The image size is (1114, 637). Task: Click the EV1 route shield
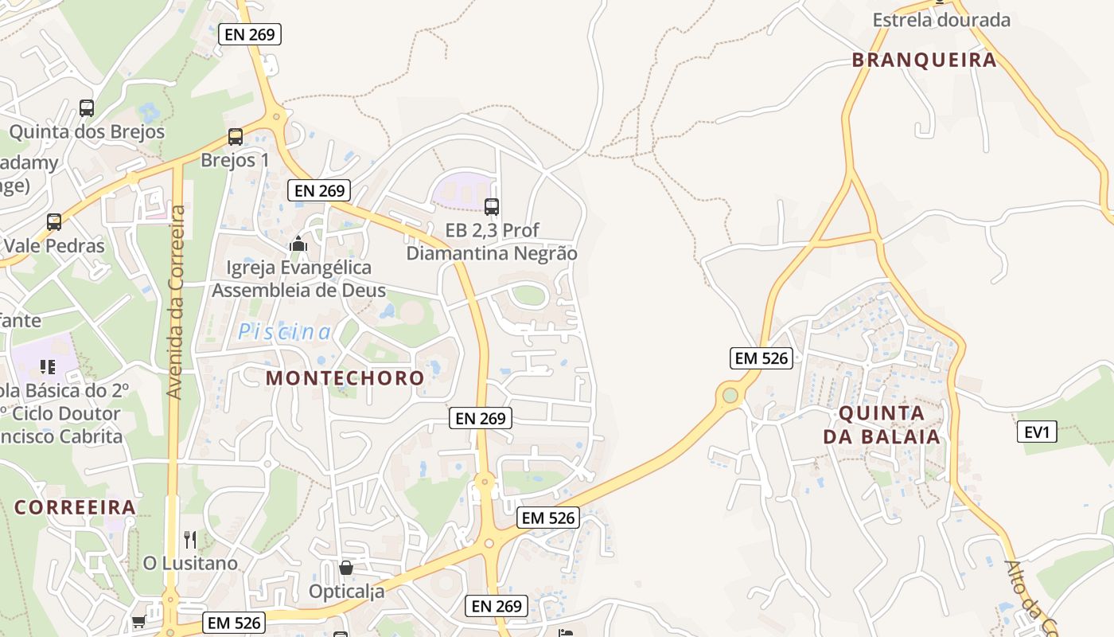click(1037, 432)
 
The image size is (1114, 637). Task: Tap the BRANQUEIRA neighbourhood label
click(924, 60)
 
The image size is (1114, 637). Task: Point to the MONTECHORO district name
click(345, 377)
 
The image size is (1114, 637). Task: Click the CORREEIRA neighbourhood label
click(75, 507)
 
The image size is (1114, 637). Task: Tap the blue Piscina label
click(284, 332)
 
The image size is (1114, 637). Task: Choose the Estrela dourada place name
click(941, 20)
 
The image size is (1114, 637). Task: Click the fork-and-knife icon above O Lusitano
click(190, 540)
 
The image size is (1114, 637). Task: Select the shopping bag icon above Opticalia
click(345, 568)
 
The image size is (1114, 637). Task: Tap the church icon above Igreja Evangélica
click(298, 244)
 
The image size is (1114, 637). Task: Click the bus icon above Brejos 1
click(235, 136)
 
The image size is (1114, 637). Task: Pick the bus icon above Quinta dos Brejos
click(86, 107)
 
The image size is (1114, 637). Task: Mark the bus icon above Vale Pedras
click(53, 222)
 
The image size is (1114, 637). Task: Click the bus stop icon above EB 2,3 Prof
click(492, 207)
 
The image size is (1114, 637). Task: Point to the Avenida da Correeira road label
click(177, 303)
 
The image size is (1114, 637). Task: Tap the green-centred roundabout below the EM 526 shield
click(730, 394)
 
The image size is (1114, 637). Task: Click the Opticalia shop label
click(347, 592)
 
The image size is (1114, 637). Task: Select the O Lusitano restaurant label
click(190, 563)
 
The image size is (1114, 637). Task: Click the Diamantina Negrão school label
click(492, 253)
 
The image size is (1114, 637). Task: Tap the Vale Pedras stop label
click(54, 245)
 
